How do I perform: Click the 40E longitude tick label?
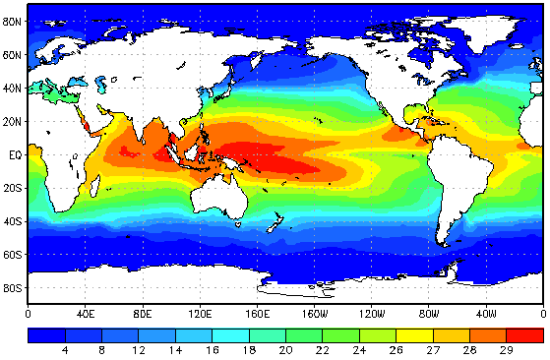coord(86,314)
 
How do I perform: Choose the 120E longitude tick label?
coord(201,314)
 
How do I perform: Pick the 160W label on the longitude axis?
coord(314,314)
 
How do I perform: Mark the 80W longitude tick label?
coord(429,314)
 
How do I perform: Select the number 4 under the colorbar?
coord(65,349)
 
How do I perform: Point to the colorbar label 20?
coord(284,349)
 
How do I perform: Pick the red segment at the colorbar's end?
coord(528,334)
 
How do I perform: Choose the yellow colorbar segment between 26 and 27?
coord(414,334)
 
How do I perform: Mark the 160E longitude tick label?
coord(258,314)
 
